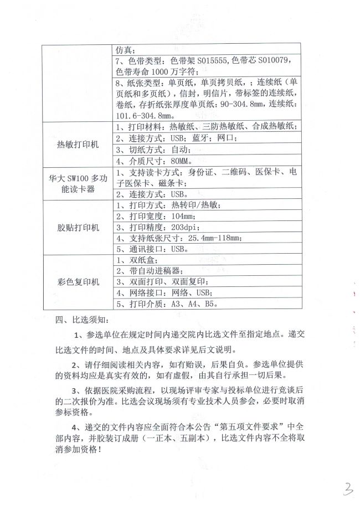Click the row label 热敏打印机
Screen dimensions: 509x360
tap(78, 144)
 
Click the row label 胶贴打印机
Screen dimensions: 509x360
tap(78, 228)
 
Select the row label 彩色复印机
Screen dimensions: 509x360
tap(78, 282)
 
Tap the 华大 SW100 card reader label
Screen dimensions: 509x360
tap(78, 183)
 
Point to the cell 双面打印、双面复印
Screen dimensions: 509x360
tap(161, 282)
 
